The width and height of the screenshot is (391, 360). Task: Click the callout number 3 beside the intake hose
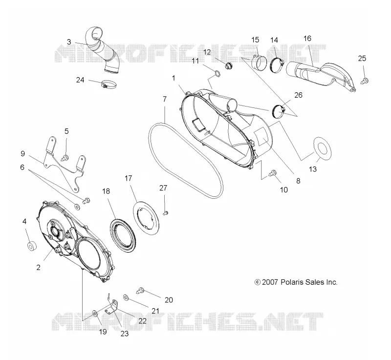(69, 42)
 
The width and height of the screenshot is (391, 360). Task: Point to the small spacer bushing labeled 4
(32, 246)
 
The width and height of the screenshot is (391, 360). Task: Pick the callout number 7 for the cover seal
(165, 99)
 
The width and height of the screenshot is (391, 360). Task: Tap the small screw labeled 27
(165, 213)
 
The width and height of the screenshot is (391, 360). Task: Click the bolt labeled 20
(140, 290)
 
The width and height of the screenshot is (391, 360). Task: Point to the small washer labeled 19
(95, 313)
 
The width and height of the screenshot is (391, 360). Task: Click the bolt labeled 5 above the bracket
(65, 157)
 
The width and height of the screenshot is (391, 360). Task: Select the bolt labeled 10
(273, 173)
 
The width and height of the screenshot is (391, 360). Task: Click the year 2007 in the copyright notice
(270, 282)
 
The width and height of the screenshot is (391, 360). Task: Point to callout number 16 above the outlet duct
(307, 39)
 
